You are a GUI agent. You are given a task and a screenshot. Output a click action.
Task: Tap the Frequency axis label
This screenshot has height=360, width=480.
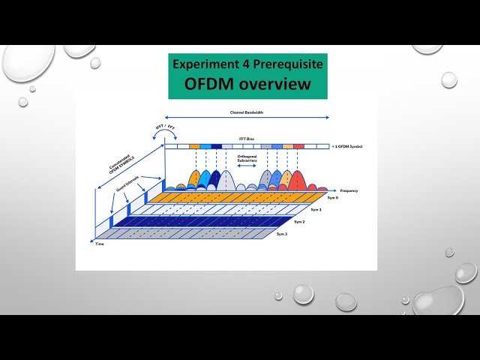[x=349, y=191]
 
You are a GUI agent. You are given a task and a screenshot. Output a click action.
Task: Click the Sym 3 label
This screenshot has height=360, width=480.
[x=282, y=235]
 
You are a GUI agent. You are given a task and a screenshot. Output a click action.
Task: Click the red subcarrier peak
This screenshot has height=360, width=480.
[x=298, y=178]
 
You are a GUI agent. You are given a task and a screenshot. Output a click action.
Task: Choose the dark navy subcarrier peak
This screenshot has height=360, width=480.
[x=216, y=178]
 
